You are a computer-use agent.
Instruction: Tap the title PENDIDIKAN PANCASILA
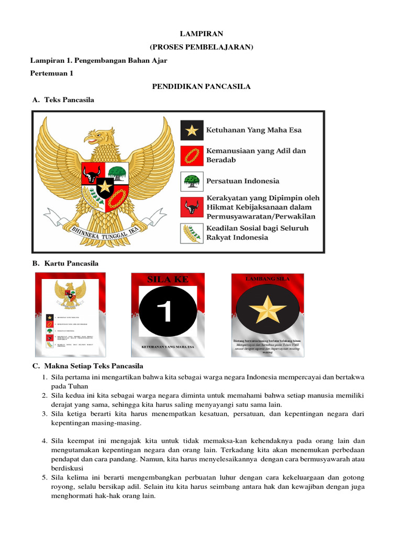click(201, 86)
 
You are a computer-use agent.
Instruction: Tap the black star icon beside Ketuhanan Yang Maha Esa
click(192, 130)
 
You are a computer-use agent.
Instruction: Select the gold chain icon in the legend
click(192, 155)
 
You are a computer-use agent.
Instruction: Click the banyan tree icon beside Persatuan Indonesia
click(192, 181)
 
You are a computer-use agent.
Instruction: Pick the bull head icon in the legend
click(192, 207)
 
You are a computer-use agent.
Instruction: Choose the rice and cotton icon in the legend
click(192, 233)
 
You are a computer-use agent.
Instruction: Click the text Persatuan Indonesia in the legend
click(243, 181)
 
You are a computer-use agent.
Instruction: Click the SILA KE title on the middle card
click(167, 280)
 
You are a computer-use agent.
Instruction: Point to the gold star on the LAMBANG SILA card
click(267, 310)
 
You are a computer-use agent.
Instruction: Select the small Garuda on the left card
click(70, 295)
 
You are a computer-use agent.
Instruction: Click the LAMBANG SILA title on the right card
click(267, 279)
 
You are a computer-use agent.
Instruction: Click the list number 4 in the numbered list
click(45, 441)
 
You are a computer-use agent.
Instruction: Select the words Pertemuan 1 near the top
click(52, 73)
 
